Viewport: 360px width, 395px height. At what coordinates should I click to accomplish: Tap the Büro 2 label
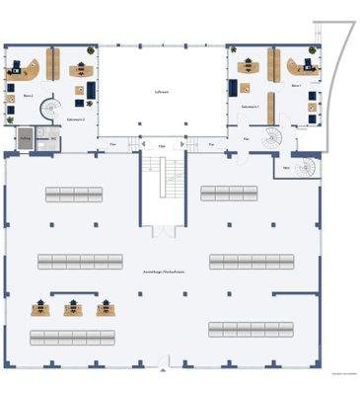28,96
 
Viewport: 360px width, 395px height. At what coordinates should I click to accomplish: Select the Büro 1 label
297,86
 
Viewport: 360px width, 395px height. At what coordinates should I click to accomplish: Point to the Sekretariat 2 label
75,118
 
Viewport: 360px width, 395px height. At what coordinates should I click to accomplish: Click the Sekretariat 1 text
250,106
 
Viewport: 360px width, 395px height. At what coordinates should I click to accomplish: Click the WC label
285,168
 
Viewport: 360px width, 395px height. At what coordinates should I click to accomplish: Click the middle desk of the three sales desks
73,307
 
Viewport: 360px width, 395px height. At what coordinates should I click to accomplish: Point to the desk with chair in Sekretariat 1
247,67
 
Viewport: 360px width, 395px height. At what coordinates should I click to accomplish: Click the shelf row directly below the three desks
72,336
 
